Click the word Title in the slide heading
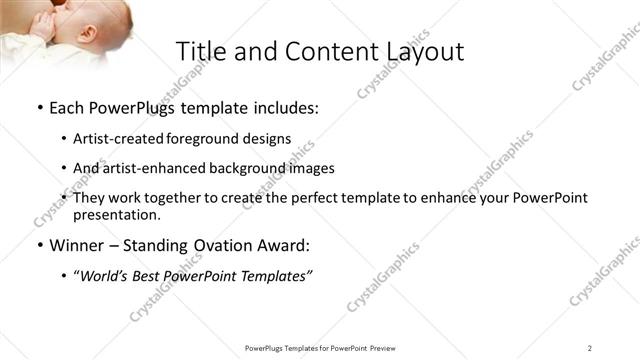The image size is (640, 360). coord(201,51)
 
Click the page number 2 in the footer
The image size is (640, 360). coord(590,347)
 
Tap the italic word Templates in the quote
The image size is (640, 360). coord(274,275)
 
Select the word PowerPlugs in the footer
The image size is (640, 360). coord(269,347)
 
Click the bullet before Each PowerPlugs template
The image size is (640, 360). coord(39,107)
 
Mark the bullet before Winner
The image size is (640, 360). coord(39,245)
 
